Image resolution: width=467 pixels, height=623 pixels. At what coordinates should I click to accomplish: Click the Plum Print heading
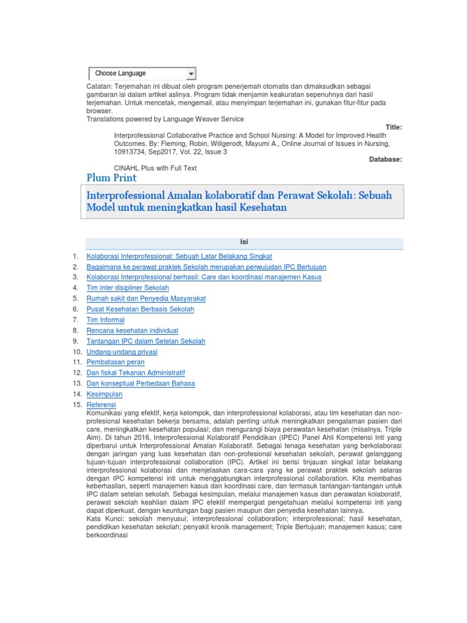[112, 178]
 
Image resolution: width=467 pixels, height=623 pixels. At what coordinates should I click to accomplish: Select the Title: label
[391, 127]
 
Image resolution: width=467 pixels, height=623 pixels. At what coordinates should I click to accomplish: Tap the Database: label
[386, 159]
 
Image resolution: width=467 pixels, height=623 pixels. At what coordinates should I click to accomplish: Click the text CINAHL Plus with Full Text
[155, 168]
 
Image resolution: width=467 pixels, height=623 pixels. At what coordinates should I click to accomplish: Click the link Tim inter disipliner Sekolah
[128, 288]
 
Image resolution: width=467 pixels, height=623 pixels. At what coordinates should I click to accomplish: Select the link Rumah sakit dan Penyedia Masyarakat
[147, 298]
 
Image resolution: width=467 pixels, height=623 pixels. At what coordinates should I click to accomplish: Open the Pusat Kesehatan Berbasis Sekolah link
[140, 309]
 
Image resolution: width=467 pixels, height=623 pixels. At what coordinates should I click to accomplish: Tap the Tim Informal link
[106, 320]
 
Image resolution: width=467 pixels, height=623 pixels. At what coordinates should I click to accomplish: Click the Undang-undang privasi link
[122, 352]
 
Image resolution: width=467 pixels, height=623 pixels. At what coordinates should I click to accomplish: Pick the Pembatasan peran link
[116, 362]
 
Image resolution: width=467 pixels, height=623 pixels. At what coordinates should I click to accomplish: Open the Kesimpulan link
[105, 394]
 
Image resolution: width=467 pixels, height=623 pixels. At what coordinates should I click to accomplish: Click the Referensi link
[102, 405]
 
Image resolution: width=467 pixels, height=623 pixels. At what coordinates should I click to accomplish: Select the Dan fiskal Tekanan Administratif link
[136, 373]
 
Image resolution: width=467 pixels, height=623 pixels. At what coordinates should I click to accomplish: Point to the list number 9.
[75, 341]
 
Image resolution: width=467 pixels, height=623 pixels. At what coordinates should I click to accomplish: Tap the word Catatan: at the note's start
[99, 88]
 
